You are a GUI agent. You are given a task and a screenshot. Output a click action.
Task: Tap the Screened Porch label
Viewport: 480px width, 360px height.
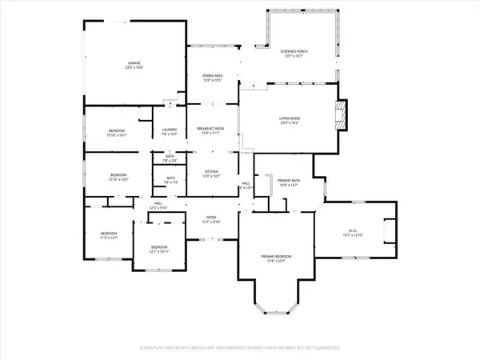point(294,51)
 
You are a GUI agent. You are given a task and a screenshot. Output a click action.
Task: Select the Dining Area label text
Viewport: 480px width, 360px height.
point(212,75)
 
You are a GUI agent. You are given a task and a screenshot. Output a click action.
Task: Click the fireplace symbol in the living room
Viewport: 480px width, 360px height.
point(342,114)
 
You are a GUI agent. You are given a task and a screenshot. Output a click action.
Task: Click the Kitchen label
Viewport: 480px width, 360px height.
point(211,171)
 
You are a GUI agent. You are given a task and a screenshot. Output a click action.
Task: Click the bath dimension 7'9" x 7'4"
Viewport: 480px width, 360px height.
point(170,183)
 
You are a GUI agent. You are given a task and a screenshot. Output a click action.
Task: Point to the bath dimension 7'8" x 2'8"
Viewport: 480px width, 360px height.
point(170,161)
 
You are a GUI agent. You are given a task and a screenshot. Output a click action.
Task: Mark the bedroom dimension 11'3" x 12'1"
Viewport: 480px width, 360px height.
point(108,238)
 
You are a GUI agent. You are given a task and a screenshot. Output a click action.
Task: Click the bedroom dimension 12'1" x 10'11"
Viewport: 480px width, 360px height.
point(160,251)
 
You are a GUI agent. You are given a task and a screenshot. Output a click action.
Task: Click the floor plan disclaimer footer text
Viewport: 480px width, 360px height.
point(240,348)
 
